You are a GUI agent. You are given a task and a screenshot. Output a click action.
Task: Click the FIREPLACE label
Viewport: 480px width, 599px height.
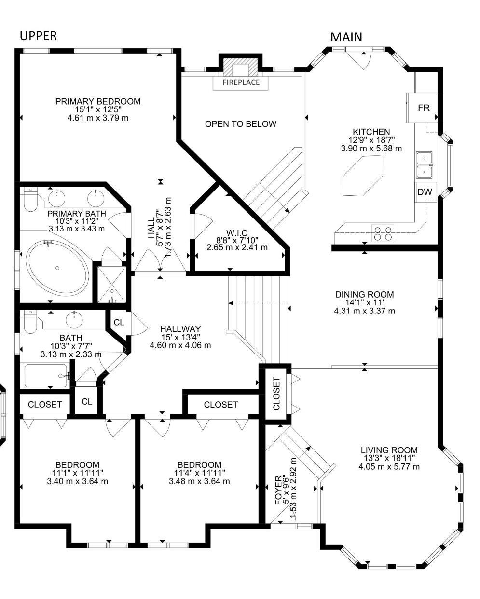(x=241, y=82)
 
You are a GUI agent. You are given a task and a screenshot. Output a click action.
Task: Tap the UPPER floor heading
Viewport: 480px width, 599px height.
(x=39, y=36)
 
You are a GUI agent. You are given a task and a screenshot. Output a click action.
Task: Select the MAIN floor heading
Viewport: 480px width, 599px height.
(x=346, y=37)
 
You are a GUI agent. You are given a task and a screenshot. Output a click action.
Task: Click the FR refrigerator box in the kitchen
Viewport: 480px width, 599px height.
(x=422, y=108)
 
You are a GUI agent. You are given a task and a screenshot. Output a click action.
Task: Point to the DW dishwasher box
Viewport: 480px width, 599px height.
(x=425, y=192)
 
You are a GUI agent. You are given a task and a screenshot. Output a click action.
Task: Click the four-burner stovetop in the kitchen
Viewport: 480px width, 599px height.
(x=383, y=233)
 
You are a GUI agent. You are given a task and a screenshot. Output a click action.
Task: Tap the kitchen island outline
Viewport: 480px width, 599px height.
(x=363, y=176)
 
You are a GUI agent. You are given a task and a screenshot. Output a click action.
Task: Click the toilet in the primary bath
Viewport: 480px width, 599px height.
(x=30, y=199)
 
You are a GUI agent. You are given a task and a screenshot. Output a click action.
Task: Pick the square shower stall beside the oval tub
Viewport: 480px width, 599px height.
(x=111, y=285)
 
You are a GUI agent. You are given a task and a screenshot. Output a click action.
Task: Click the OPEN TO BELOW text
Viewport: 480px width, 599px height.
(x=241, y=124)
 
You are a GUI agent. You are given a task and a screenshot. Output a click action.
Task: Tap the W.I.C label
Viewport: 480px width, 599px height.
(x=237, y=232)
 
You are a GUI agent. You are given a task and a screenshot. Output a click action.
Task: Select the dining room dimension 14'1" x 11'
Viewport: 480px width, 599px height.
(x=364, y=302)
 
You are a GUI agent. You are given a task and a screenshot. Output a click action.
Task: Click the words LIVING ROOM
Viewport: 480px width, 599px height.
(x=389, y=450)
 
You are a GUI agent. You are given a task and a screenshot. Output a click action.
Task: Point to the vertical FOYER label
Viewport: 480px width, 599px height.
(x=279, y=490)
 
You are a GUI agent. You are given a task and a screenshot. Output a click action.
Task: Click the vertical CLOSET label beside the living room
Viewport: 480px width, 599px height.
(x=276, y=394)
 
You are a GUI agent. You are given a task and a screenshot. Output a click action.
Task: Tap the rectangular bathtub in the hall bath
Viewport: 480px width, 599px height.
(x=46, y=375)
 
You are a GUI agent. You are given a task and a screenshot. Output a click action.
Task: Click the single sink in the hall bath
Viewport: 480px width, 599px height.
(x=74, y=320)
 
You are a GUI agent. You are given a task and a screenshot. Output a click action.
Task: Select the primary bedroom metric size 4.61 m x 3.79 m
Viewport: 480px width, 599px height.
(x=98, y=118)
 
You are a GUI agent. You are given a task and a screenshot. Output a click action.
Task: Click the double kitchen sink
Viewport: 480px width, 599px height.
(x=425, y=165)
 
